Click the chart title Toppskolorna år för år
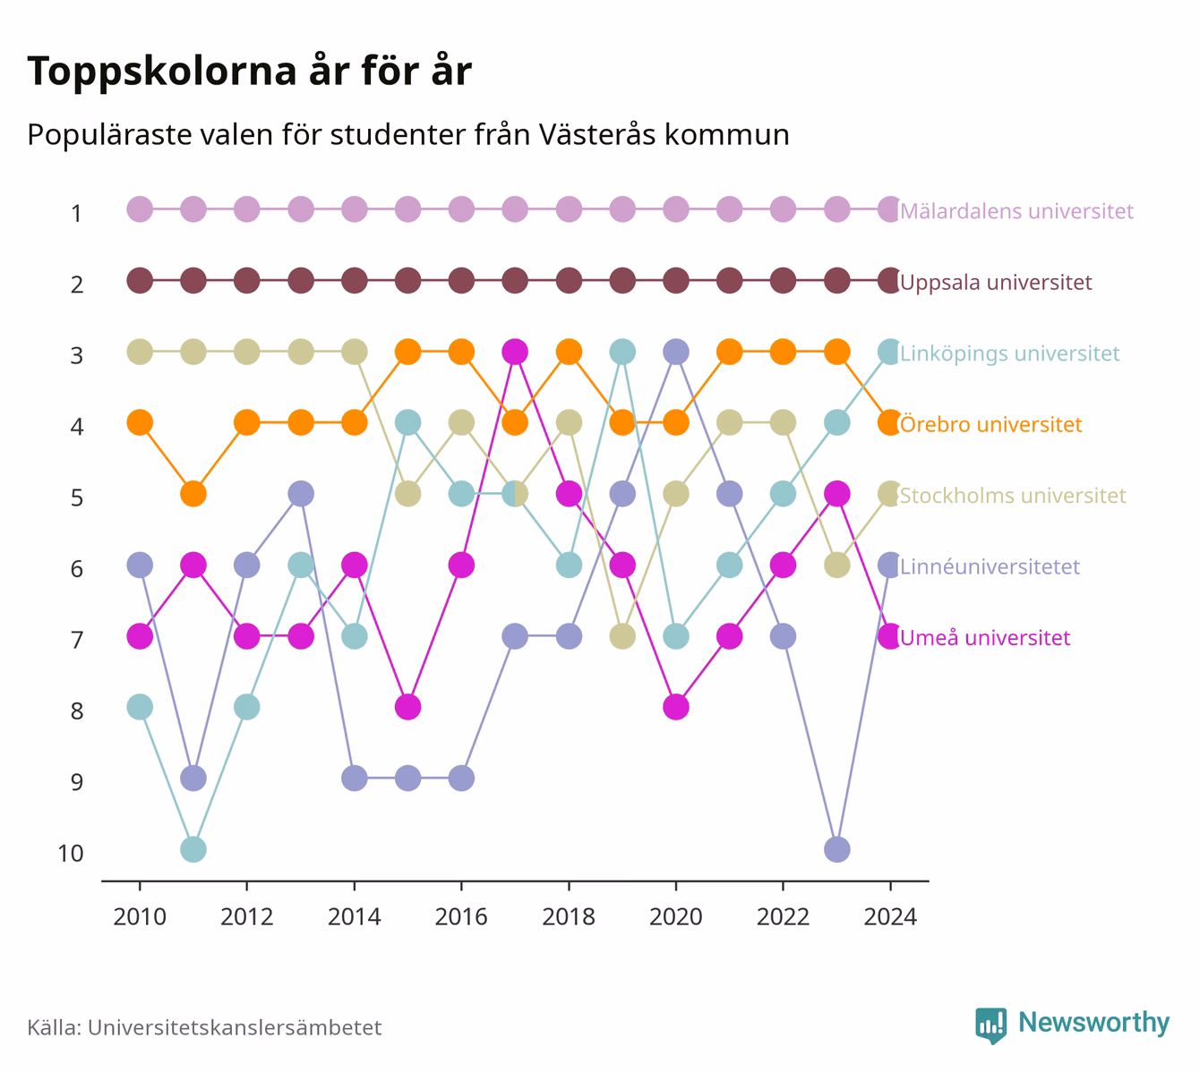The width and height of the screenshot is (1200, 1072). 249,71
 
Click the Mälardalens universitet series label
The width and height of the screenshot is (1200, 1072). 1016,210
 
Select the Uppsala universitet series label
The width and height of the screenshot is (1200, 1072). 996,282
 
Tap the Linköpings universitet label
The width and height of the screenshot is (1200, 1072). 1009,353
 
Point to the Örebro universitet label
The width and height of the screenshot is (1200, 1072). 990,424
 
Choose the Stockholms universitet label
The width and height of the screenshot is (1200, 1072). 1013,495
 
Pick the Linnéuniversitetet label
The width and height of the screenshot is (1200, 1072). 990,566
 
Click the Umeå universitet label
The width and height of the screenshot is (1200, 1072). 985,637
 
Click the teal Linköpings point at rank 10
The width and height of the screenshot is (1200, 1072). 193,849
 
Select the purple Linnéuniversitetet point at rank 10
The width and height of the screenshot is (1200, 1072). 837,849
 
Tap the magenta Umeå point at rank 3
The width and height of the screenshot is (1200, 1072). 515,352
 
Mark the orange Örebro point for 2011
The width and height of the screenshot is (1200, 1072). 193,494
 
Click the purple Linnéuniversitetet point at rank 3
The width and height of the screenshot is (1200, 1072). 676,352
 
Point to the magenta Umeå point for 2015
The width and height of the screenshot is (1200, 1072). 407,707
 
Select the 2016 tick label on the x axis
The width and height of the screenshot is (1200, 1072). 461,917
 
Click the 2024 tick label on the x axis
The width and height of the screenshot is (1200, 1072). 890,917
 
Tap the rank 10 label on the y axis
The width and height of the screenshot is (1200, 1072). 71,854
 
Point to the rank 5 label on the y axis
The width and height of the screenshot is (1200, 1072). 77,498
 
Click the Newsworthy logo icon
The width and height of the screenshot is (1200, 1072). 991,1025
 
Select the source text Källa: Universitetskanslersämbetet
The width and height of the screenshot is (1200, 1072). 204,1027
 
